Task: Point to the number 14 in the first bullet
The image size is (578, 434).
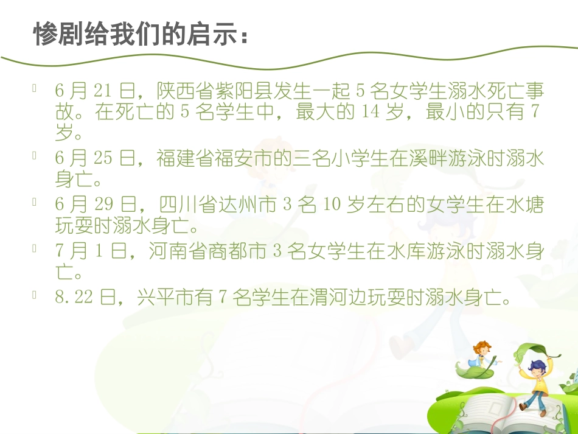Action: pos(370,113)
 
